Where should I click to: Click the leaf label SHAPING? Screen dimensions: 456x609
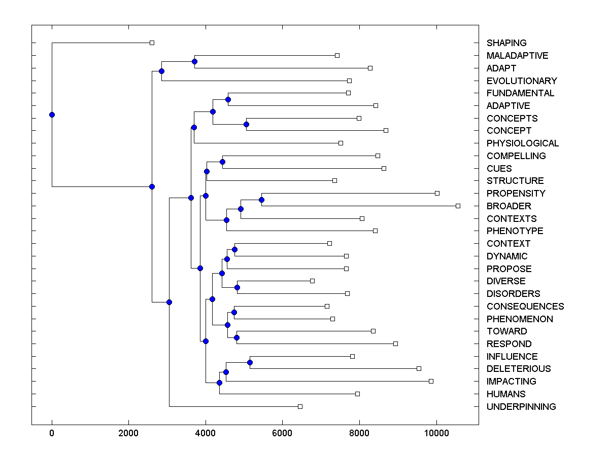tap(506, 43)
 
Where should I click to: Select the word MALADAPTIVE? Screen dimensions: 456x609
tap(517, 56)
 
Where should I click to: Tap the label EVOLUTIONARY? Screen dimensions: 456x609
tap(521, 81)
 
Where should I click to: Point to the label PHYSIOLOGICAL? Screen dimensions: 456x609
tap(522, 143)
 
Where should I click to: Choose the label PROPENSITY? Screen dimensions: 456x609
tap(516, 194)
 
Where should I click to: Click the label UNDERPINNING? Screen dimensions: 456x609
tap(521, 407)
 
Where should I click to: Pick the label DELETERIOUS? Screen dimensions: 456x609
tap(518, 369)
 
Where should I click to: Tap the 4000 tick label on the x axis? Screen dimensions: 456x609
tap(206, 433)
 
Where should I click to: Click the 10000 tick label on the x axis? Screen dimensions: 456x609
tap(436, 433)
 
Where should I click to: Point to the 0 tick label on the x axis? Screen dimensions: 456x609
tap(52, 433)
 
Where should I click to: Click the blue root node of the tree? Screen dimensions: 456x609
tap(52, 115)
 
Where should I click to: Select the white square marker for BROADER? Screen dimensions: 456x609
tap(458, 206)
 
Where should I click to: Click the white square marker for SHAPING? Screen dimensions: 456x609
tap(152, 43)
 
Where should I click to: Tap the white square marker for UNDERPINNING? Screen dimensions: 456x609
tap(300, 406)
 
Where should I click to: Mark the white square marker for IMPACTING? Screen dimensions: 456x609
tap(431, 381)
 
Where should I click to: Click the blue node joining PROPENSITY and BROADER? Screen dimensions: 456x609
tap(261, 200)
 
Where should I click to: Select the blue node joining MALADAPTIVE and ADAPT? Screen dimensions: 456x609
tap(194, 61)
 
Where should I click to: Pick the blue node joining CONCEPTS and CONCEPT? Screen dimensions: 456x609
tap(246, 124)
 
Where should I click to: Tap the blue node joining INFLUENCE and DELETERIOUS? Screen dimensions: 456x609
tap(250, 362)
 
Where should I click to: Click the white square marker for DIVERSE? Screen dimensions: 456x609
tap(312, 281)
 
